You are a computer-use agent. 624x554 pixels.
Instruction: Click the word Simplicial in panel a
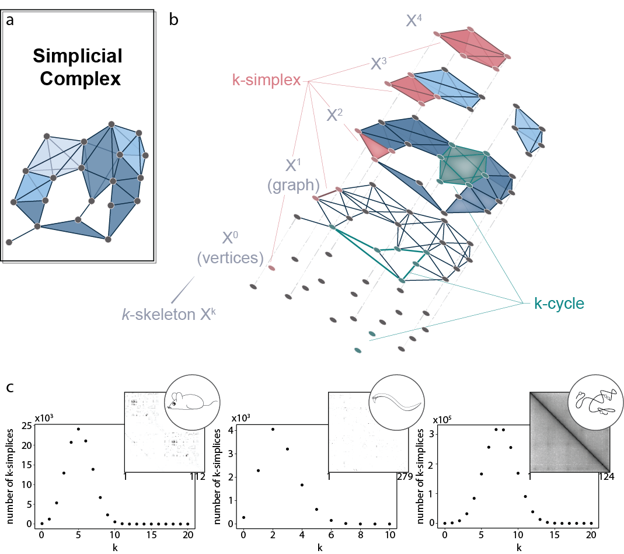(x=77, y=56)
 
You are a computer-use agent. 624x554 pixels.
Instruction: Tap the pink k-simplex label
(x=266, y=81)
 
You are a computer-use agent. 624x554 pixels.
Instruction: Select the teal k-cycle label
(x=559, y=304)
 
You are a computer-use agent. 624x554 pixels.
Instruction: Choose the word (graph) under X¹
(x=293, y=186)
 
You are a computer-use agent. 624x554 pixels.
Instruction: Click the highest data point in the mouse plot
(x=78, y=428)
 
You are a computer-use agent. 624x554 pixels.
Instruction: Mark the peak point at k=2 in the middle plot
(x=273, y=429)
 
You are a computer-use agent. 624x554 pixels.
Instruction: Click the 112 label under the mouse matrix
(x=198, y=477)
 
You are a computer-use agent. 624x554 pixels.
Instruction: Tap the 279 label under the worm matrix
(x=404, y=477)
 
